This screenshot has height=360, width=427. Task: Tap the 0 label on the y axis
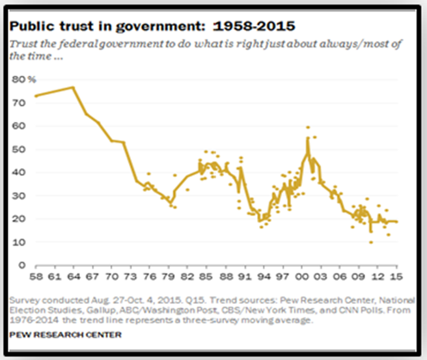point(21,265)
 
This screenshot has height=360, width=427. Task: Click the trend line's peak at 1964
point(74,87)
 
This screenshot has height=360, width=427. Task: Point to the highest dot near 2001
point(308,128)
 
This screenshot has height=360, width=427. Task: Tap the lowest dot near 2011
point(371,242)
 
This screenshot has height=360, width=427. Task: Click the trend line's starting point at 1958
point(36,96)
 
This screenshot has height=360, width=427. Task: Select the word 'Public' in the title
point(33,26)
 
